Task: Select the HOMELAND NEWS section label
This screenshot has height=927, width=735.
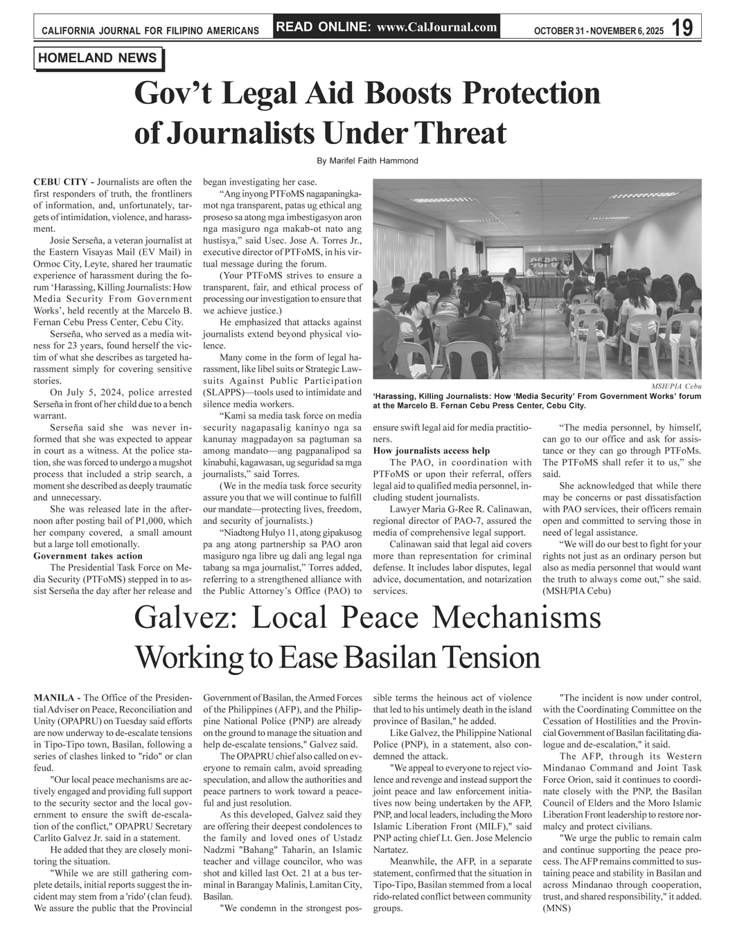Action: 98,58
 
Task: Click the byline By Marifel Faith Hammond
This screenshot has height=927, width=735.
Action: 367,161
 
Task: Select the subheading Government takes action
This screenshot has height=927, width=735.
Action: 88,555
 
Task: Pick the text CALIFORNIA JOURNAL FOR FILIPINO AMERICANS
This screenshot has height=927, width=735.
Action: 150,31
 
